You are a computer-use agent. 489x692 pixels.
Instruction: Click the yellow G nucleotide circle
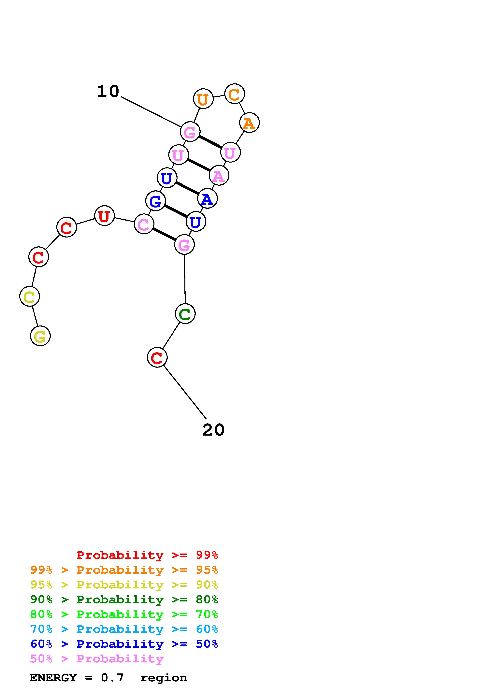[x=40, y=336]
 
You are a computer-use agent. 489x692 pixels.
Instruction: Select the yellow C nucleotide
[x=30, y=296]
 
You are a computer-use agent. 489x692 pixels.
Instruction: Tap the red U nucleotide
[x=104, y=216]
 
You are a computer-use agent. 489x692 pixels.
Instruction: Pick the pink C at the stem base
[x=144, y=224]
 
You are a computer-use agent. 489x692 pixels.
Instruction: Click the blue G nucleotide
[x=155, y=201]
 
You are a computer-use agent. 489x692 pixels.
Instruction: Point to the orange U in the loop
[x=203, y=99]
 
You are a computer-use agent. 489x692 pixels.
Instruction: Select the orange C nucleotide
[x=234, y=94]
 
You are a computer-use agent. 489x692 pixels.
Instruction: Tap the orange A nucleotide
[x=249, y=123]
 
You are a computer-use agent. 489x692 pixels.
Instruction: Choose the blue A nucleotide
[x=207, y=199]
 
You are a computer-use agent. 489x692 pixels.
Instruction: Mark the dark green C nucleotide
[x=185, y=314]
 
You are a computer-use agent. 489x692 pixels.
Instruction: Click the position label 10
[x=108, y=91]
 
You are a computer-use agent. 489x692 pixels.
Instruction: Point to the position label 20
[x=213, y=430]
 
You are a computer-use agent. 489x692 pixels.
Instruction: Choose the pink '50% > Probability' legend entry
[x=97, y=659]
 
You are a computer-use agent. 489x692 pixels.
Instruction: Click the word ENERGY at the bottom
[x=53, y=678]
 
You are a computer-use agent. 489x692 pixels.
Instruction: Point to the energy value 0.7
[x=112, y=678]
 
